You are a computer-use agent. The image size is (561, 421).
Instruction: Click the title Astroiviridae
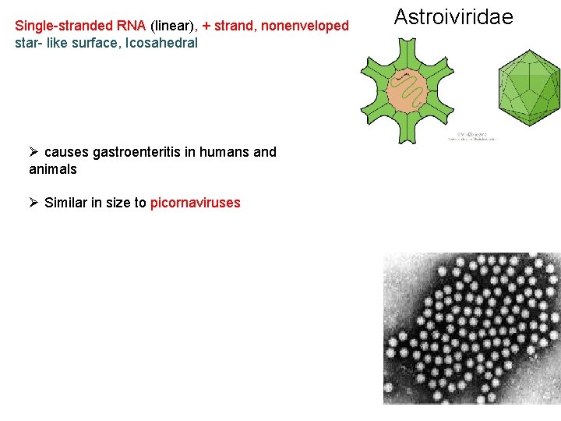pyautogui.click(x=453, y=17)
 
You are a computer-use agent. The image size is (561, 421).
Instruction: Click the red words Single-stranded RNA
pyautogui.click(x=80, y=26)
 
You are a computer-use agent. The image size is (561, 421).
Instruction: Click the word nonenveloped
pyautogui.click(x=305, y=26)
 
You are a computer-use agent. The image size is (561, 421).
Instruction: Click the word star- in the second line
pyautogui.click(x=30, y=42)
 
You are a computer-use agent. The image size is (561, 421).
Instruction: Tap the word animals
pyautogui.click(x=53, y=168)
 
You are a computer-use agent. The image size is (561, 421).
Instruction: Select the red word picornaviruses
pyautogui.click(x=196, y=203)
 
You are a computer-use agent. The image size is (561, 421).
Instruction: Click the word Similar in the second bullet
pyautogui.click(x=66, y=203)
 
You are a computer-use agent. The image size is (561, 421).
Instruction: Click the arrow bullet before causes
pyautogui.click(x=34, y=152)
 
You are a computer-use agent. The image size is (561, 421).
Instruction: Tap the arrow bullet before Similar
pyautogui.click(x=34, y=203)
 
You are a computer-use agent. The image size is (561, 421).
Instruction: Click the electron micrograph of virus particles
pyautogui.click(x=471, y=327)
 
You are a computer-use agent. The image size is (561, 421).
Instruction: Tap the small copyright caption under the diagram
pyautogui.click(x=471, y=136)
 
